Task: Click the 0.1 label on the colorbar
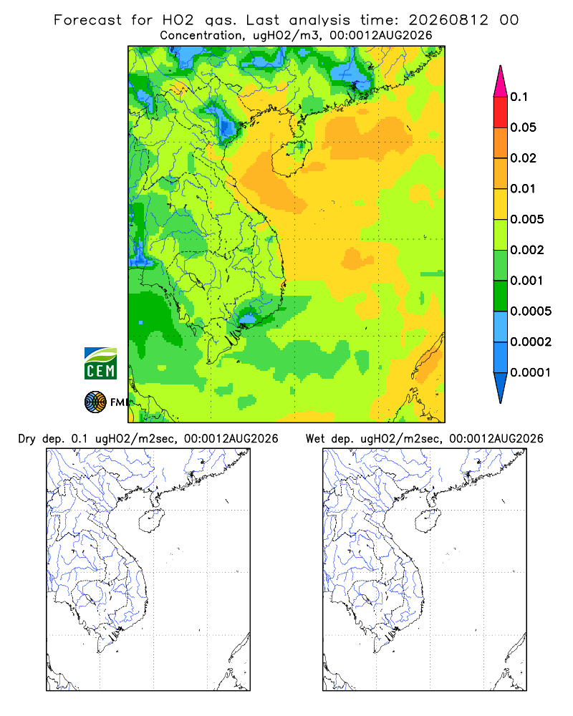coord(519,97)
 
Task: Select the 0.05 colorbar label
coord(523,127)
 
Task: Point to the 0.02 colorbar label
coord(523,158)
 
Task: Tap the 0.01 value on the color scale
coord(523,188)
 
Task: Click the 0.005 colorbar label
coord(527,219)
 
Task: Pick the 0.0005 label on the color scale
coord(531,311)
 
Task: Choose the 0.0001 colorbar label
coord(531,372)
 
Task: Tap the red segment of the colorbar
coord(501,112)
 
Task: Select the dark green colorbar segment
coord(501,296)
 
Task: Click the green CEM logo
coord(100,364)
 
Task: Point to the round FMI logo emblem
coord(95,402)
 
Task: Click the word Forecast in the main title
coord(87,20)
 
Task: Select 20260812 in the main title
coord(448,20)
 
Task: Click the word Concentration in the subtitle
coord(201,36)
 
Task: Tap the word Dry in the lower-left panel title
coord(27,439)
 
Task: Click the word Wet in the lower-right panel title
coord(315,439)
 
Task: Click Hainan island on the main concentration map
coord(291,158)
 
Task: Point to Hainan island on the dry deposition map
coord(151,521)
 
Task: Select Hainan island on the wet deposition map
coord(428,521)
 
